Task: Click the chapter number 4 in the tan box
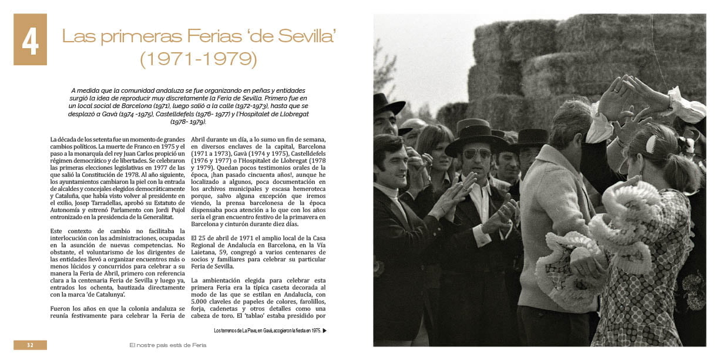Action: [30, 39]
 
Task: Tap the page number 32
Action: [30, 345]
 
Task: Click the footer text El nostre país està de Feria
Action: [168, 345]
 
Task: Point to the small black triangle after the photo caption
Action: [325, 331]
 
